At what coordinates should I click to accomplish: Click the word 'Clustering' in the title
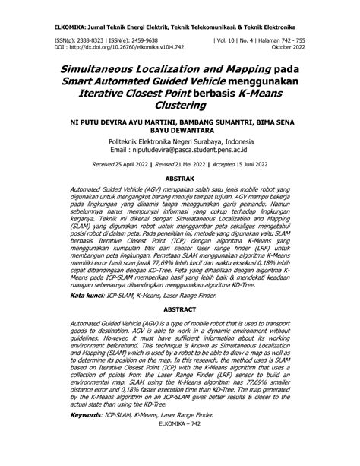click(x=179, y=106)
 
